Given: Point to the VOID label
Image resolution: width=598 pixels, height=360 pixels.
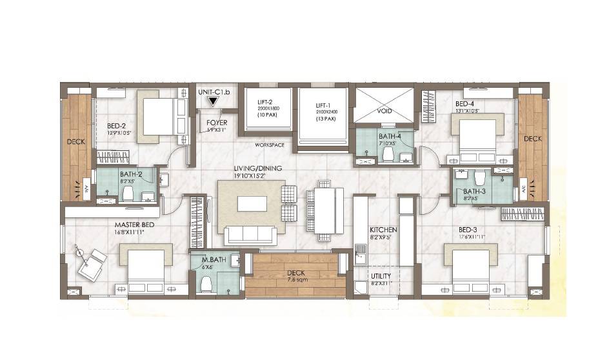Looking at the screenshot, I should (x=384, y=111).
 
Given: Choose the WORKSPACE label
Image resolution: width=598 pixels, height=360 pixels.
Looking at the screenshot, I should (x=270, y=145).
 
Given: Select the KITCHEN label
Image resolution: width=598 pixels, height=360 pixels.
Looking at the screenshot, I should (x=383, y=229).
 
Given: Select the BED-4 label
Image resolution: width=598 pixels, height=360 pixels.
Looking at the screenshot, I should (x=464, y=103).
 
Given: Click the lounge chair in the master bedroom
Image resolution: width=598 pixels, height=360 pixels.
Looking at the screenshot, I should (x=91, y=262).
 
